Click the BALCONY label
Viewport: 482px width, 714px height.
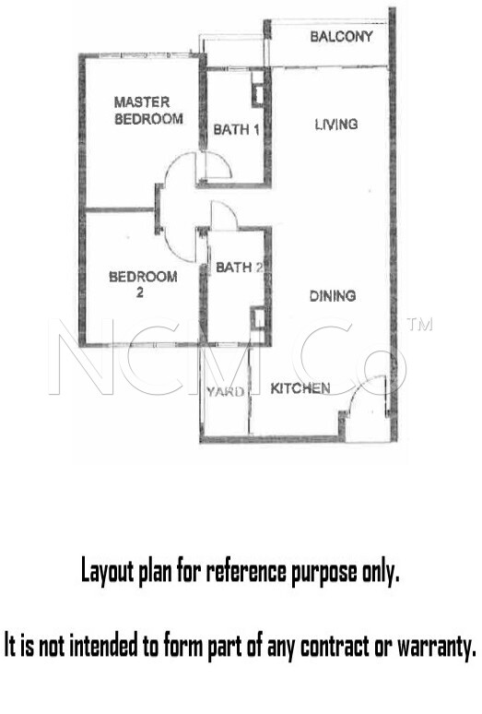tap(342, 36)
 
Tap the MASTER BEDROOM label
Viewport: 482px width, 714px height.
tap(148, 110)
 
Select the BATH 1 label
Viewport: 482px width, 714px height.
tap(237, 130)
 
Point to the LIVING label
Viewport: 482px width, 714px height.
tap(336, 124)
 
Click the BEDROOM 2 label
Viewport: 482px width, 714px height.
tap(143, 284)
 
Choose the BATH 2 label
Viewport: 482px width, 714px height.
tap(240, 268)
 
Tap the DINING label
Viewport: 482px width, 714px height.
tap(333, 296)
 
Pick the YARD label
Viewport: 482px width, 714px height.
tap(226, 392)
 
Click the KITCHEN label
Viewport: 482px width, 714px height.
tap(300, 388)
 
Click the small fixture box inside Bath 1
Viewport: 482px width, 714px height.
tap(258, 95)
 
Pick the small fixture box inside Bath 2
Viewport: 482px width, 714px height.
tap(258, 319)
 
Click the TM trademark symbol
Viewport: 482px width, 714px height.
tap(419, 324)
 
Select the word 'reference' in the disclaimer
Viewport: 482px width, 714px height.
tap(246, 571)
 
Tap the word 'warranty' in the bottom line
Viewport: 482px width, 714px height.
tap(437, 646)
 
